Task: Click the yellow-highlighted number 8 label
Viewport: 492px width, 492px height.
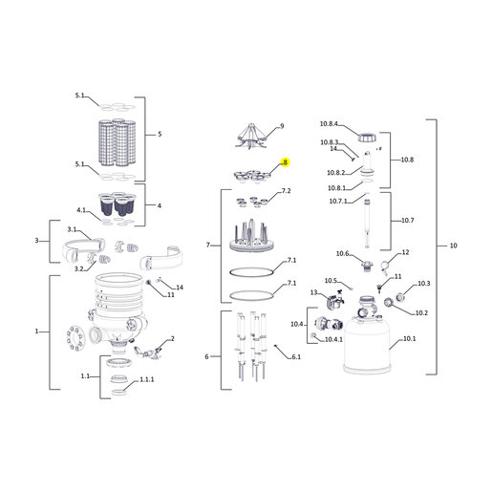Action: pyautogui.click(x=285, y=162)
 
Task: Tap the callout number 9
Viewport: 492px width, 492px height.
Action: pyautogui.click(x=282, y=126)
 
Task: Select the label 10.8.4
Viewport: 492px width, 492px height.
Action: pyautogui.click(x=329, y=123)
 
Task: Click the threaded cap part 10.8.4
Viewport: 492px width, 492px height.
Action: pyautogui.click(x=367, y=138)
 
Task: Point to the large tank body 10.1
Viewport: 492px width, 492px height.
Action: pyautogui.click(x=367, y=344)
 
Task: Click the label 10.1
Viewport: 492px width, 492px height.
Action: pyautogui.click(x=410, y=338)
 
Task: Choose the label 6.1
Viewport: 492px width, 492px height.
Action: pyautogui.click(x=296, y=356)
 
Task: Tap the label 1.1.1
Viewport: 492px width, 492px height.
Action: pyautogui.click(x=147, y=379)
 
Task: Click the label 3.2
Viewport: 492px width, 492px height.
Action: pyautogui.click(x=79, y=268)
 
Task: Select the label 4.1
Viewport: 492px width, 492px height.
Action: pyautogui.click(x=81, y=210)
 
